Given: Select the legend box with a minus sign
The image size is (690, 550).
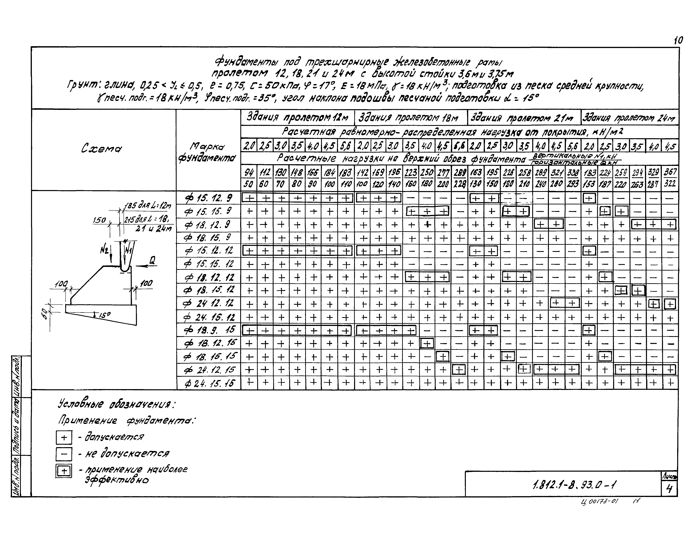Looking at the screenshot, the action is (x=64, y=454).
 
